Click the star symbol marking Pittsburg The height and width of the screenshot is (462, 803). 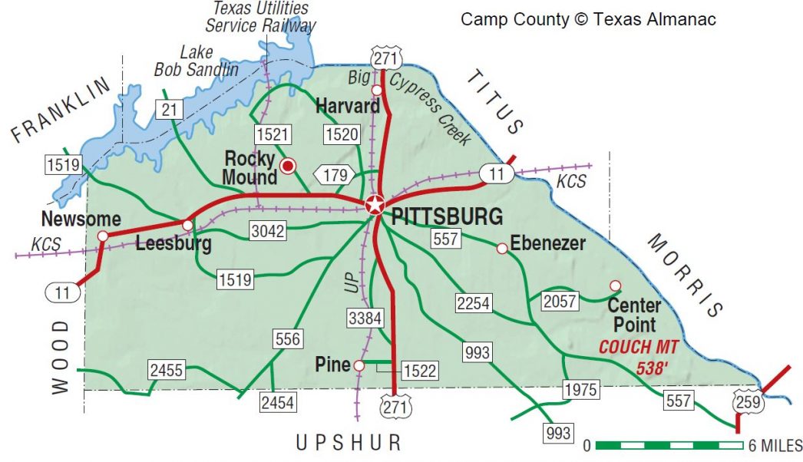pos(375,205)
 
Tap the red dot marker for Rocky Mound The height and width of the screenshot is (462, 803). pos(288,165)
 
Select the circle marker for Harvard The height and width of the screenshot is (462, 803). pos(376,90)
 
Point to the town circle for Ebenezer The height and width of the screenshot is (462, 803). pos(502,248)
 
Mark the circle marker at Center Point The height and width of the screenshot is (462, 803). pos(615,285)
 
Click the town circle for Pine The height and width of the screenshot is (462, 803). pos(359,366)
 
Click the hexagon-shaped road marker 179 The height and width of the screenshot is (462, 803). pos(334,175)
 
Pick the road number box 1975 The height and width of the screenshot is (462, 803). pos(580,389)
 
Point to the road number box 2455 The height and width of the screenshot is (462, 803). pos(167,371)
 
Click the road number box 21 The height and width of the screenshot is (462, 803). pos(169,109)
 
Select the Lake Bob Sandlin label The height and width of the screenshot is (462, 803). pos(197,61)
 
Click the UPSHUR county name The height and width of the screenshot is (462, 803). pos(349,443)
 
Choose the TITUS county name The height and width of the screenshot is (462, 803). pos(496,101)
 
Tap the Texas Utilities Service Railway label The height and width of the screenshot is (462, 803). pos(261,17)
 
